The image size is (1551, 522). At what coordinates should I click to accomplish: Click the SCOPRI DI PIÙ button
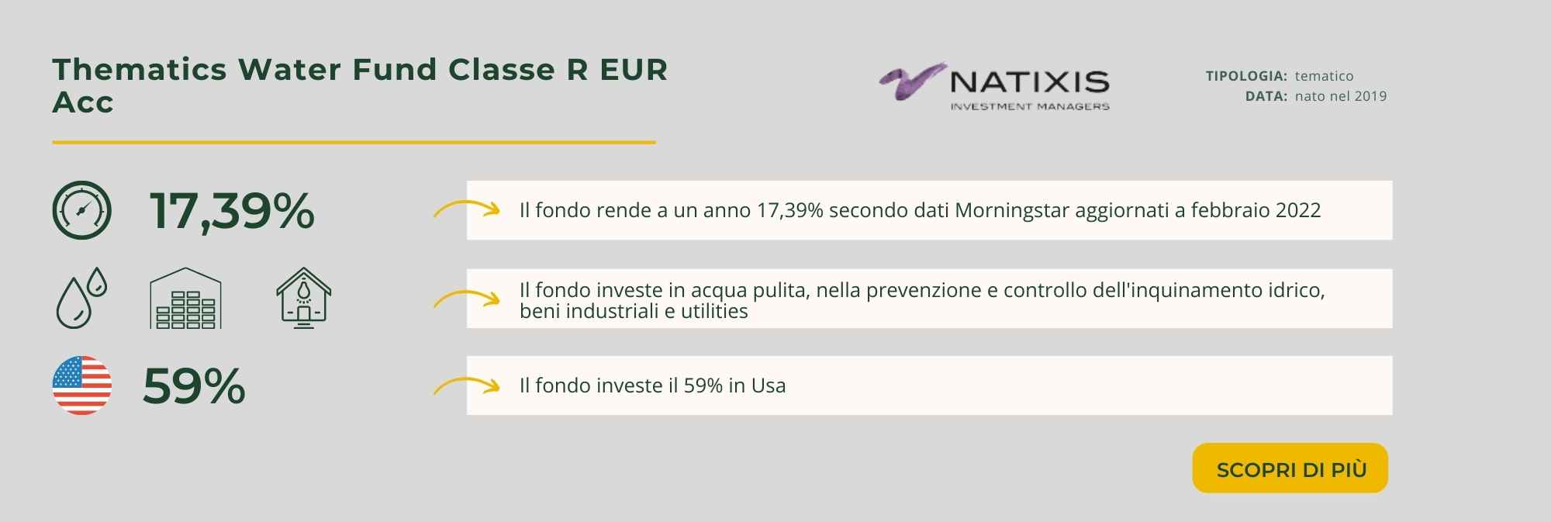(1290, 468)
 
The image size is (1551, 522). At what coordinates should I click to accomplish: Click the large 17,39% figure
(232, 210)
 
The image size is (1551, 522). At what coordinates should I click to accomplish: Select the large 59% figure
(194, 385)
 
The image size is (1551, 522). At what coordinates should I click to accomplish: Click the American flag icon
(82, 385)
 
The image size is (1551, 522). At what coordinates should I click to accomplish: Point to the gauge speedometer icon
(82, 210)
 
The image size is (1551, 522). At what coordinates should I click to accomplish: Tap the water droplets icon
(81, 298)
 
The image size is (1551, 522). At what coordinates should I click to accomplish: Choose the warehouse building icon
(185, 299)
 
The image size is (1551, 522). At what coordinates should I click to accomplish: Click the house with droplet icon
(304, 299)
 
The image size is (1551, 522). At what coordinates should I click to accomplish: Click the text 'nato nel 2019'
(1341, 96)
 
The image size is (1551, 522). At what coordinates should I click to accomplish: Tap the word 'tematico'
(1324, 76)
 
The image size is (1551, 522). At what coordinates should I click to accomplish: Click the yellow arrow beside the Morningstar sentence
(466, 207)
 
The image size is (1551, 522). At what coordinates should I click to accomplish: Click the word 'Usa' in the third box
(769, 385)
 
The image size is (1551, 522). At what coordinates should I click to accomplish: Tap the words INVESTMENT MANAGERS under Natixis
(1030, 106)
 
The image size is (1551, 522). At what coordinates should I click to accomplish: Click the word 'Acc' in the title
(83, 102)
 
